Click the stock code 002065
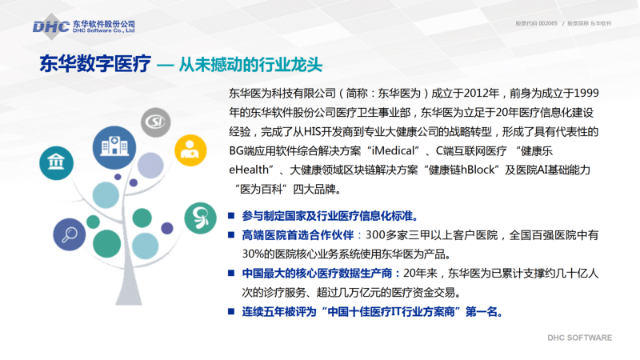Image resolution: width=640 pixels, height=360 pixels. (x=548, y=24)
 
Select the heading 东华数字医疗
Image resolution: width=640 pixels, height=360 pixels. (x=95, y=64)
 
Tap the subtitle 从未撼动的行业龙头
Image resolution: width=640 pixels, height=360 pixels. (x=250, y=65)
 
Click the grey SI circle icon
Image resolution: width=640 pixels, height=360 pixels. (x=155, y=122)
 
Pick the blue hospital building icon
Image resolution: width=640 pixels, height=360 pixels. (x=114, y=147)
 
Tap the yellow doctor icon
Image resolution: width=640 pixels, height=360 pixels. (x=190, y=150)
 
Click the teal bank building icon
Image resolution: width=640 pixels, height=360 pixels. (x=56, y=163)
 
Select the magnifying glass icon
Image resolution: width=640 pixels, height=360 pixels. (x=70, y=234)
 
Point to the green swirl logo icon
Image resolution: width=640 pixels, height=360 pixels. (x=200, y=218)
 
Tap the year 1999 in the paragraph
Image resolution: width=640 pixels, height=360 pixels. (x=586, y=94)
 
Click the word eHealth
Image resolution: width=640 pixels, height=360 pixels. (x=249, y=170)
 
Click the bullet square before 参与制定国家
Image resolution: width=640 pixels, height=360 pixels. (x=231, y=215)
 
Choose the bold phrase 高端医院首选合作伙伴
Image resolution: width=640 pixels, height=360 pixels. (x=298, y=235)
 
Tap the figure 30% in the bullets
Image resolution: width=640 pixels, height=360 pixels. (x=252, y=254)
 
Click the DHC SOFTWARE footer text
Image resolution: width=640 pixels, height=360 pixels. (x=579, y=338)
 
